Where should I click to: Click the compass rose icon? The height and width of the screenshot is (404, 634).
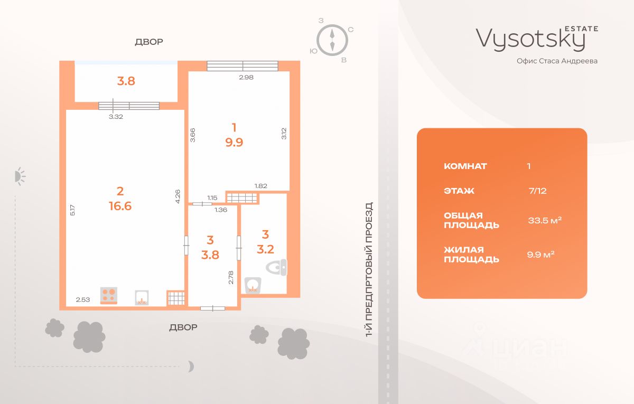[332, 39]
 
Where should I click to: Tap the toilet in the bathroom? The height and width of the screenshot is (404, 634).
[277, 268]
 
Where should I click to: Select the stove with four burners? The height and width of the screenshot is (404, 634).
[109, 295]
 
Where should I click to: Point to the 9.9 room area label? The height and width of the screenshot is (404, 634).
[234, 143]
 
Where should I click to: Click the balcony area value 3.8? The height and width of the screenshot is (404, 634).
[126, 81]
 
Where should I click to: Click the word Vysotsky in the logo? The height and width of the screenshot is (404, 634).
[530, 39]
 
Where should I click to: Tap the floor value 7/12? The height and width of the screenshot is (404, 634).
[538, 191]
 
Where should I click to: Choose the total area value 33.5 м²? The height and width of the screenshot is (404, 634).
[545, 220]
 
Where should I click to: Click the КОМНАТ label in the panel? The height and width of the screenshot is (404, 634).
[465, 166]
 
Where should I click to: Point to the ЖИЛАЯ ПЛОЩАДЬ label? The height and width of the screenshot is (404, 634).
[471, 255]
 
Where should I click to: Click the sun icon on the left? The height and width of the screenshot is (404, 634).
[20, 176]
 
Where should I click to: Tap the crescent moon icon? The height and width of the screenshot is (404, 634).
[191, 365]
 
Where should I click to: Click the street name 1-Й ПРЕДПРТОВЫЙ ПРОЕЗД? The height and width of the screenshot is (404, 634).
[369, 269]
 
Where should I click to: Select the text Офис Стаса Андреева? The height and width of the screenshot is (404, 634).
[557, 61]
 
